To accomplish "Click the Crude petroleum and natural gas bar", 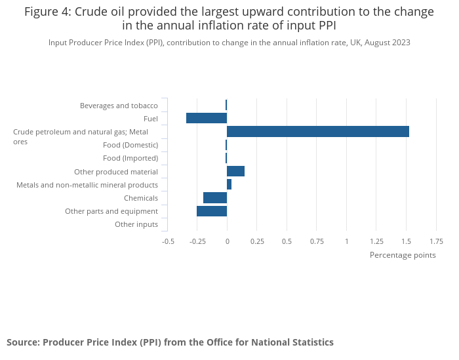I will click(318, 131).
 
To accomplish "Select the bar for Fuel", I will click(207, 118).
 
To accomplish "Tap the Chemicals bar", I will click(215, 198).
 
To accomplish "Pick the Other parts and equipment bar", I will click(212, 211).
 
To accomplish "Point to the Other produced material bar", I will click(235, 171).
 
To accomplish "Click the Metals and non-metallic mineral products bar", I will click(229, 185).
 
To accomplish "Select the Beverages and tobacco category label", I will click(119, 106).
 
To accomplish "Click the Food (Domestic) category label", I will click(130, 145).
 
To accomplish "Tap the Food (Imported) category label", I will click(130, 158).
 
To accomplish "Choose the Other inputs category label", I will click(136, 224).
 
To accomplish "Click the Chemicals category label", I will click(141, 198).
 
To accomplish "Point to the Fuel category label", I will click(151, 119).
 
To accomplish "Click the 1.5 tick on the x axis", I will click(406, 241).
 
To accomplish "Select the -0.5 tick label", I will click(169, 241).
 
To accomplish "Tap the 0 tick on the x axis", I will click(227, 241).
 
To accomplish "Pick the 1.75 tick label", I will click(436, 241).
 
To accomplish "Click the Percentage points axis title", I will click(403, 255).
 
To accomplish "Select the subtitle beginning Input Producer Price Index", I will click(229, 43).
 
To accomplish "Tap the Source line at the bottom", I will click(170, 342).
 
